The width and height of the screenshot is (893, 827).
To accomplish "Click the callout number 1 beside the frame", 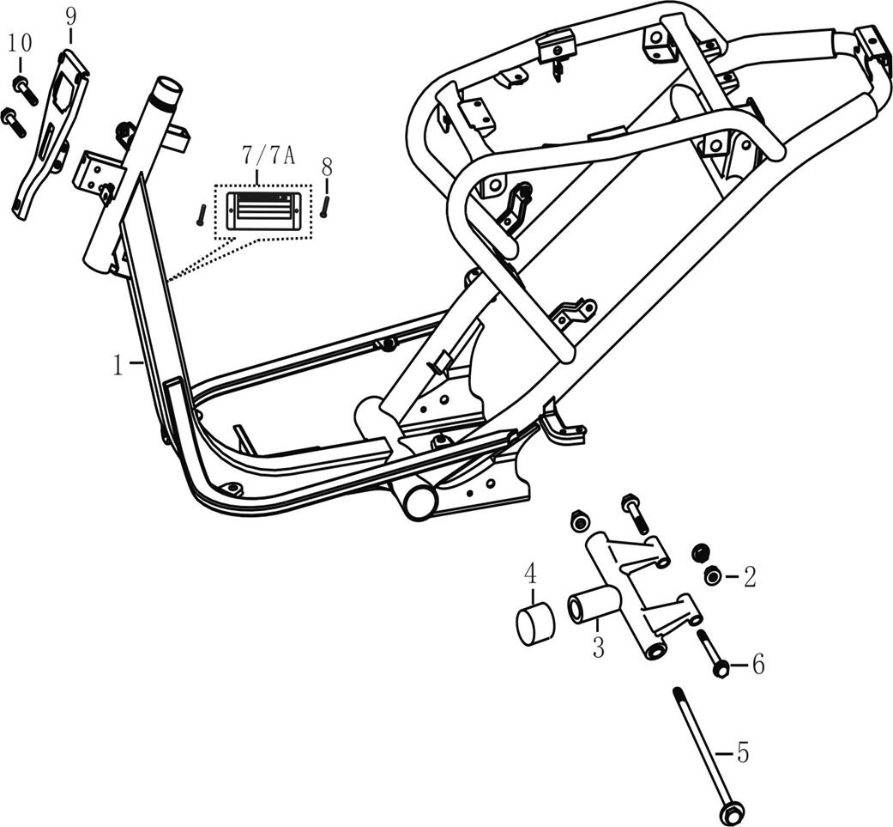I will pos(118,364).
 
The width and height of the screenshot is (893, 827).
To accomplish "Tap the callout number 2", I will pos(749,577).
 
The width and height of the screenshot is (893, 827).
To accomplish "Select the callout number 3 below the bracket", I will pos(597,647).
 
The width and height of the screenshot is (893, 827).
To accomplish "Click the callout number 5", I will pos(742,753).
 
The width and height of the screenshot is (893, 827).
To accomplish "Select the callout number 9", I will pos(71,15).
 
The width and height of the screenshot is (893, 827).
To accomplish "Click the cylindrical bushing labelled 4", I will pos(534,624).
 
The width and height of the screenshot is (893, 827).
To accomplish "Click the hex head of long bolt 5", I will pos(733,812).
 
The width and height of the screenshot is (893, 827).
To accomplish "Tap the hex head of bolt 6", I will pos(721,667).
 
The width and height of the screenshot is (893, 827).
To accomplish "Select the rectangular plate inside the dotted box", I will pos(262,210).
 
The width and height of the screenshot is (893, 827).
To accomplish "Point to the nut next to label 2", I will pos(712,575).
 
